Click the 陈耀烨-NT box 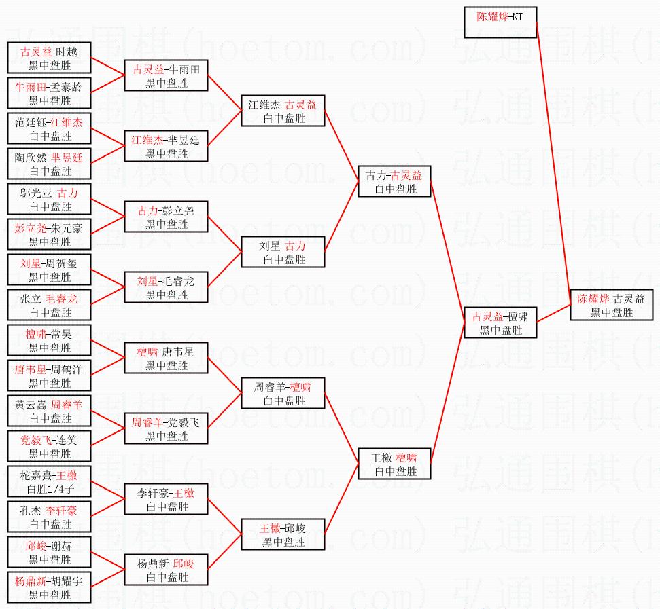[501, 22]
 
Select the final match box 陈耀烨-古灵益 [611, 305]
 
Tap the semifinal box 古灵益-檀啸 [501, 322]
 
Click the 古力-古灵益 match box [394, 181]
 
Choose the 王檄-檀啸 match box [394, 464]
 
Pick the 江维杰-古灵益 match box [283, 111]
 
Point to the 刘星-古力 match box [283, 252]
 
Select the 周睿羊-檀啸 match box [283, 393]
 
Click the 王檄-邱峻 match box [283, 534]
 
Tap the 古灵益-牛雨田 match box [166, 75]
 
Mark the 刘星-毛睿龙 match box [166, 287]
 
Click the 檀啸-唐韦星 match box [166, 358]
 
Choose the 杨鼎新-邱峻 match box [166, 570]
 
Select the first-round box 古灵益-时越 [49, 58]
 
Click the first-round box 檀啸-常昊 [49, 340]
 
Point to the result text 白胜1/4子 [49, 489]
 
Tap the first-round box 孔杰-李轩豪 [49, 517]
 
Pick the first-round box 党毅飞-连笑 [49, 446]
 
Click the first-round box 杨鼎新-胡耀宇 [49, 587]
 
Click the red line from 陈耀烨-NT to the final [553, 163]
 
